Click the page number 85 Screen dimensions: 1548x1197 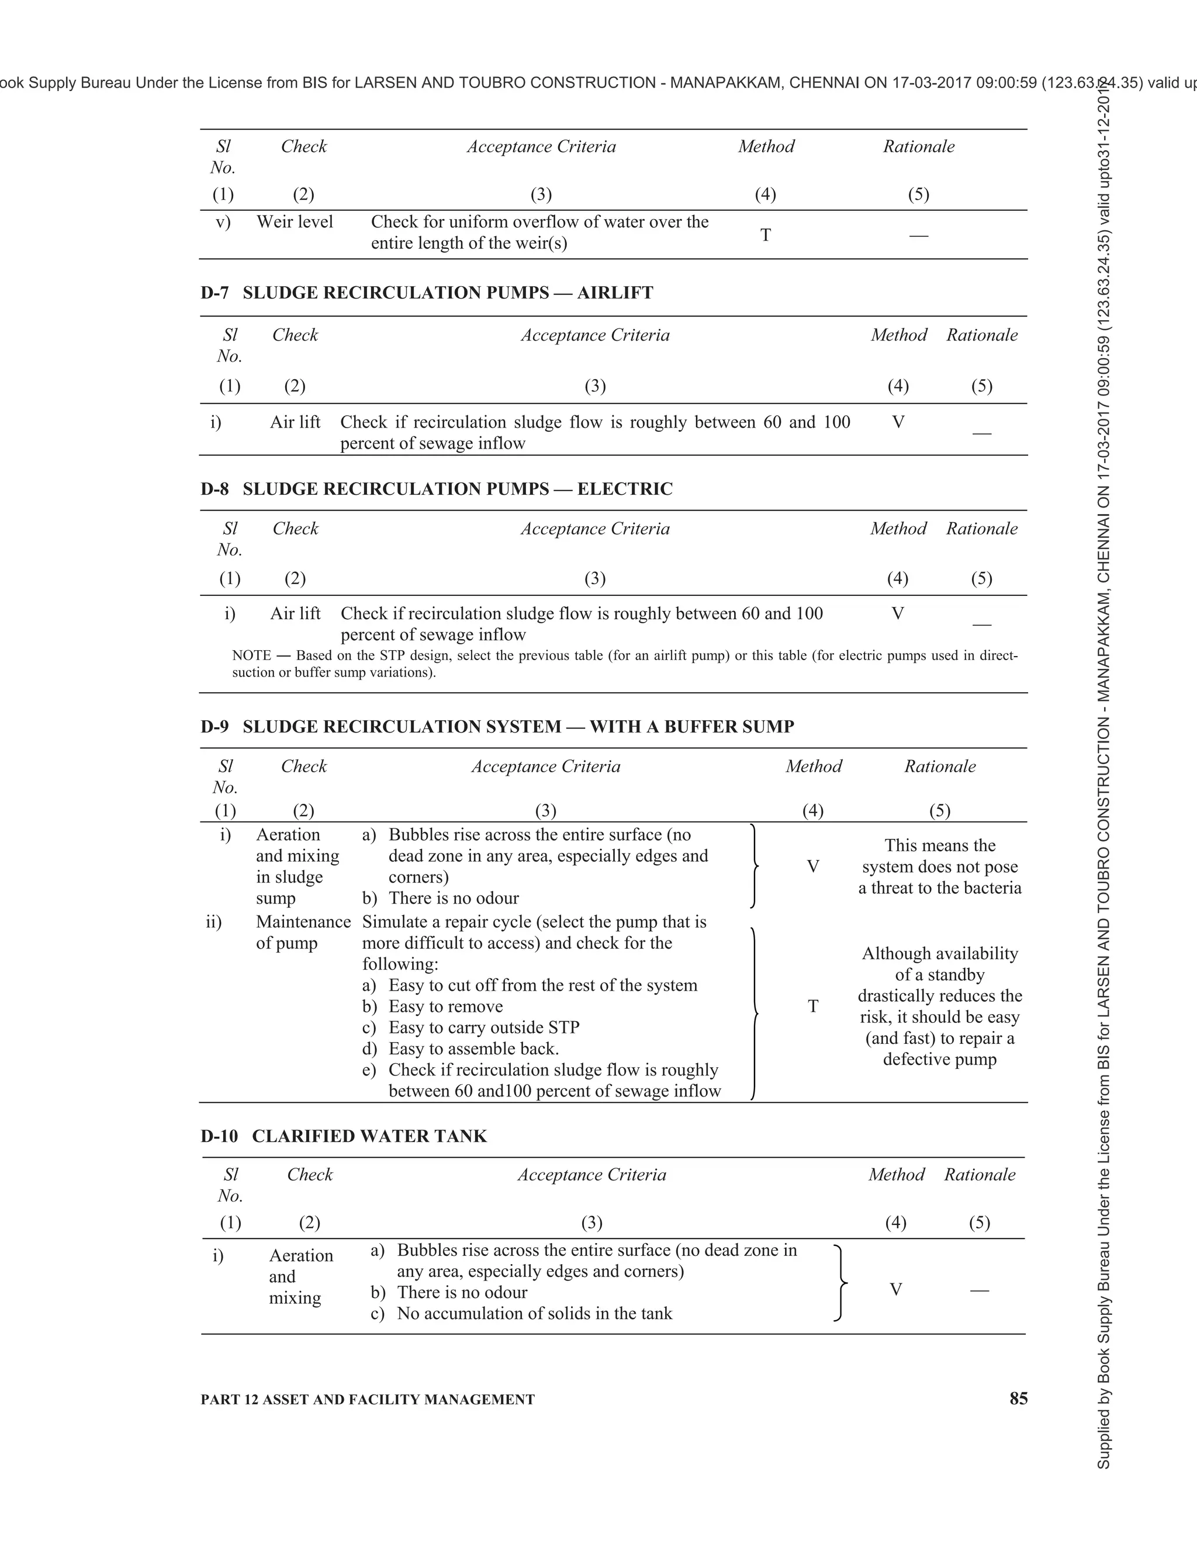[x=1018, y=1398]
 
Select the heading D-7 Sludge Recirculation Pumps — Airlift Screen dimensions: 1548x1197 [x=427, y=293]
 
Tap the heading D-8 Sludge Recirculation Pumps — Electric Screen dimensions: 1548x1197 [x=436, y=489]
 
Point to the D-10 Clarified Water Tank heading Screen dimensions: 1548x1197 [x=344, y=1136]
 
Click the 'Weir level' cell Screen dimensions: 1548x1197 [x=295, y=222]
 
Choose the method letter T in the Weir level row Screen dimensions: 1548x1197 [x=765, y=235]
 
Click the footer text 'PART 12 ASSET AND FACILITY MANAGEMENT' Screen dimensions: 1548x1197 [x=367, y=1399]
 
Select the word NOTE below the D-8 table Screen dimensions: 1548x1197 [x=252, y=655]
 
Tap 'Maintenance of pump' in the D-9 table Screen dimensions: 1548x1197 [x=303, y=932]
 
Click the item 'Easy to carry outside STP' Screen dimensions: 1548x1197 [x=483, y=1027]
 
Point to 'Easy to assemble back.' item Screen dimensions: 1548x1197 [x=473, y=1049]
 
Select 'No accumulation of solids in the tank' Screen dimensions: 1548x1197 [x=534, y=1313]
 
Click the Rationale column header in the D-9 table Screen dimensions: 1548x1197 [x=940, y=766]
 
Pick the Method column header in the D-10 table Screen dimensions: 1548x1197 [x=897, y=1175]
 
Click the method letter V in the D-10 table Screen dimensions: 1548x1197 [x=895, y=1289]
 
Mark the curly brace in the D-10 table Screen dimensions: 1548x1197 [x=840, y=1282]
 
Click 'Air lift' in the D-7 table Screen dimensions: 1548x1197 [x=295, y=422]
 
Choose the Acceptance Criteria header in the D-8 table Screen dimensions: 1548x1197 [x=595, y=529]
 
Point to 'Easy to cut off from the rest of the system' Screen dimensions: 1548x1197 [x=542, y=985]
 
